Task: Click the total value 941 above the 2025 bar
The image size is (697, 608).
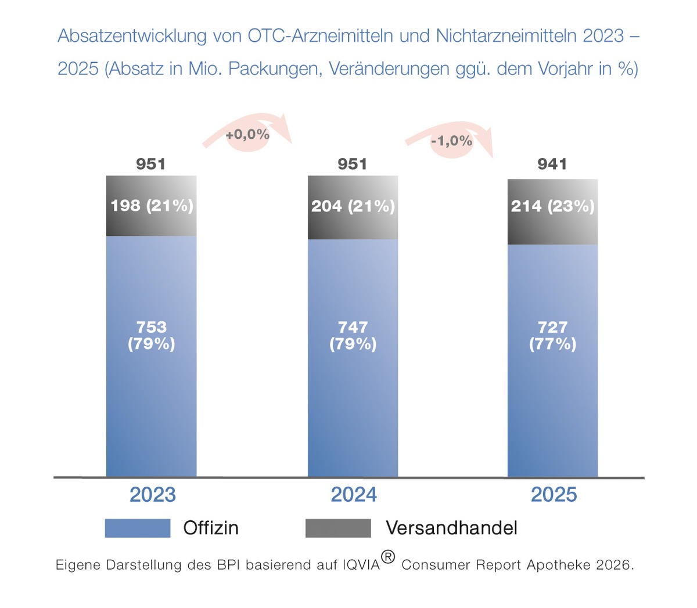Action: (x=552, y=164)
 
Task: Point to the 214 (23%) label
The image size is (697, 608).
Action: (x=552, y=206)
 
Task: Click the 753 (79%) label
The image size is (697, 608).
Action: (x=151, y=335)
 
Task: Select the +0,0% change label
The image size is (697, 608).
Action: (x=247, y=135)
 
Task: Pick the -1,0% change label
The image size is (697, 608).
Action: (x=451, y=141)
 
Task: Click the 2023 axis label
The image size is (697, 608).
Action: (x=152, y=495)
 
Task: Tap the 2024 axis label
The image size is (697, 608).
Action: (x=354, y=495)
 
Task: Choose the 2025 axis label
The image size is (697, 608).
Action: (x=554, y=495)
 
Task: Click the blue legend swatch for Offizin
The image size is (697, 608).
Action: (x=138, y=528)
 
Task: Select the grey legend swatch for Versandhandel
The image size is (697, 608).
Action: (x=338, y=528)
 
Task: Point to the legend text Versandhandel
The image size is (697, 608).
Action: (x=451, y=528)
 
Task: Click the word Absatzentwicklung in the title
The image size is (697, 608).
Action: (x=132, y=36)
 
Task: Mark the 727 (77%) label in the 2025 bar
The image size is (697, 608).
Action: (x=552, y=335)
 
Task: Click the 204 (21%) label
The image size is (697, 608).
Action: (x=353, y=206)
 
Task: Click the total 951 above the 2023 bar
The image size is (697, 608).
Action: (x=151, y=164)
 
